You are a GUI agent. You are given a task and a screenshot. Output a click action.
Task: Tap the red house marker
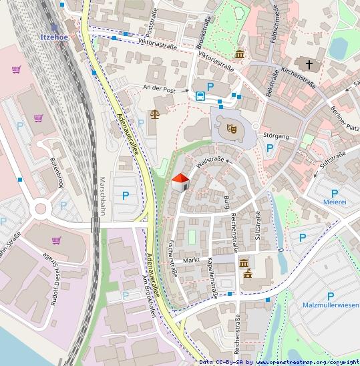click(180, 181)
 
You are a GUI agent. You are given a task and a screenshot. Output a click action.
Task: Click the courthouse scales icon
click(155, 114)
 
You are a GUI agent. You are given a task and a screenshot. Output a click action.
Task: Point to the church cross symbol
click(309, 65)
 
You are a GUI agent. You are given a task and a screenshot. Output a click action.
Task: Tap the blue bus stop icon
click(200, 96)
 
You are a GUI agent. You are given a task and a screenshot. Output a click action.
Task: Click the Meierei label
click(334, 200)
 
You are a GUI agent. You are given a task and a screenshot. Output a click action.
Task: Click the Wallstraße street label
click(208, 161)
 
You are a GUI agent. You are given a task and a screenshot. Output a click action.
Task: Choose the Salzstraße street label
click(258, 226)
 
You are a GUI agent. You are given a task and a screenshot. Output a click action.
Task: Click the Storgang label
click(276, 136)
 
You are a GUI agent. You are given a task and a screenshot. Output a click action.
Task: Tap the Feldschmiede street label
click(275, 23)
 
